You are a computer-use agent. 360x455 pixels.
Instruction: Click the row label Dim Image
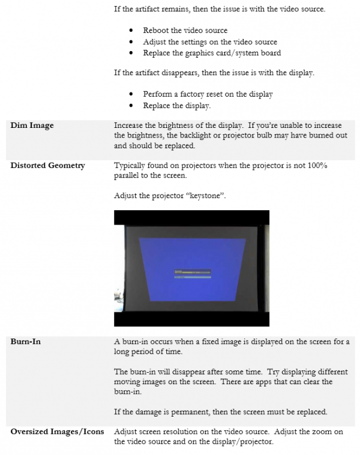click(32, 125)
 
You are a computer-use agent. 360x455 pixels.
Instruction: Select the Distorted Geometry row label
click(47, 165)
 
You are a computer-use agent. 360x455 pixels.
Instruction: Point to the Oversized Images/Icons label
click(57, 432)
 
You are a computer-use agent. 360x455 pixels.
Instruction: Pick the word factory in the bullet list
click(190, 94)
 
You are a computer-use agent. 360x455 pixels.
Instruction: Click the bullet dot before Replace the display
click(131, 106)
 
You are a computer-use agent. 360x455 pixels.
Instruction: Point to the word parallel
click(128, 175)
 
